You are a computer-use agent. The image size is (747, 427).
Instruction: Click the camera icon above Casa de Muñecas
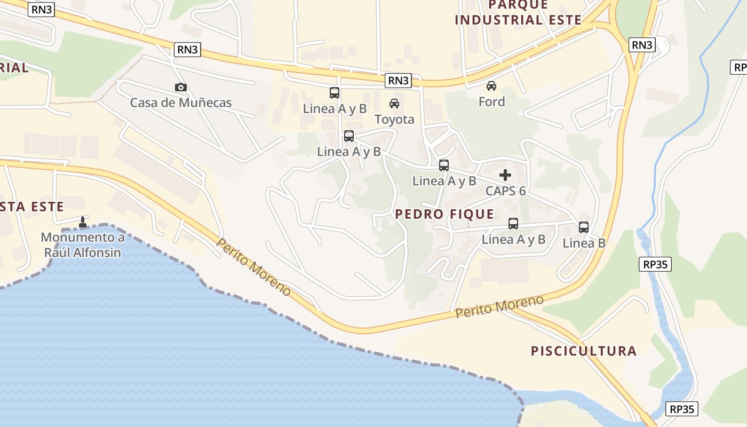click(181, 87)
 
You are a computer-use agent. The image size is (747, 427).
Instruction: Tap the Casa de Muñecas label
click(181, 102)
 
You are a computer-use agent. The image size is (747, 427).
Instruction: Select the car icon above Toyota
click(394, 104)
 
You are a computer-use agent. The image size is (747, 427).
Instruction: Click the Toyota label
click(394, 119)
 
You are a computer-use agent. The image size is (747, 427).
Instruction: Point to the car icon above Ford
click(491, 86)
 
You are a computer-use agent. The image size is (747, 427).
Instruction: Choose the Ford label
click(491, 101)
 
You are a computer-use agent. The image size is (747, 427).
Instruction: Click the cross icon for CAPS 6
click(505, 175)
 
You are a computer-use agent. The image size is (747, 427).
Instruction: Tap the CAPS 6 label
click(505, 191)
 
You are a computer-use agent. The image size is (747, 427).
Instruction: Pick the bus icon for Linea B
click(584, 227)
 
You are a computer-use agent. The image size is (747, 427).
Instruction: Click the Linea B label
click(584, 243)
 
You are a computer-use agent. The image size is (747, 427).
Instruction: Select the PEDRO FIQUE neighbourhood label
click(444, 215)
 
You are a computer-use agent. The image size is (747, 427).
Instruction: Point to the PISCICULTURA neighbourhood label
click(584, 351)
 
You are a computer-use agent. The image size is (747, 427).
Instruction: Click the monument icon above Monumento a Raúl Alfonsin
click(83, 222)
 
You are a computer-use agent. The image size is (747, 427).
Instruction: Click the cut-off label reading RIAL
click(14, 68)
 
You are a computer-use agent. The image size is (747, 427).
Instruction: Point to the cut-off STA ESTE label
click(32, 207)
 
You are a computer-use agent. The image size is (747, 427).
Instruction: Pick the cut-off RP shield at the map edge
click(738, 67)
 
